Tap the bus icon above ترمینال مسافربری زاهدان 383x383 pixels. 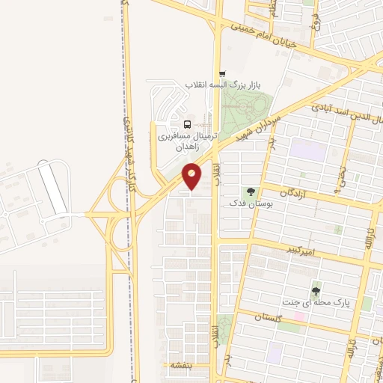tap(186, 124)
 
